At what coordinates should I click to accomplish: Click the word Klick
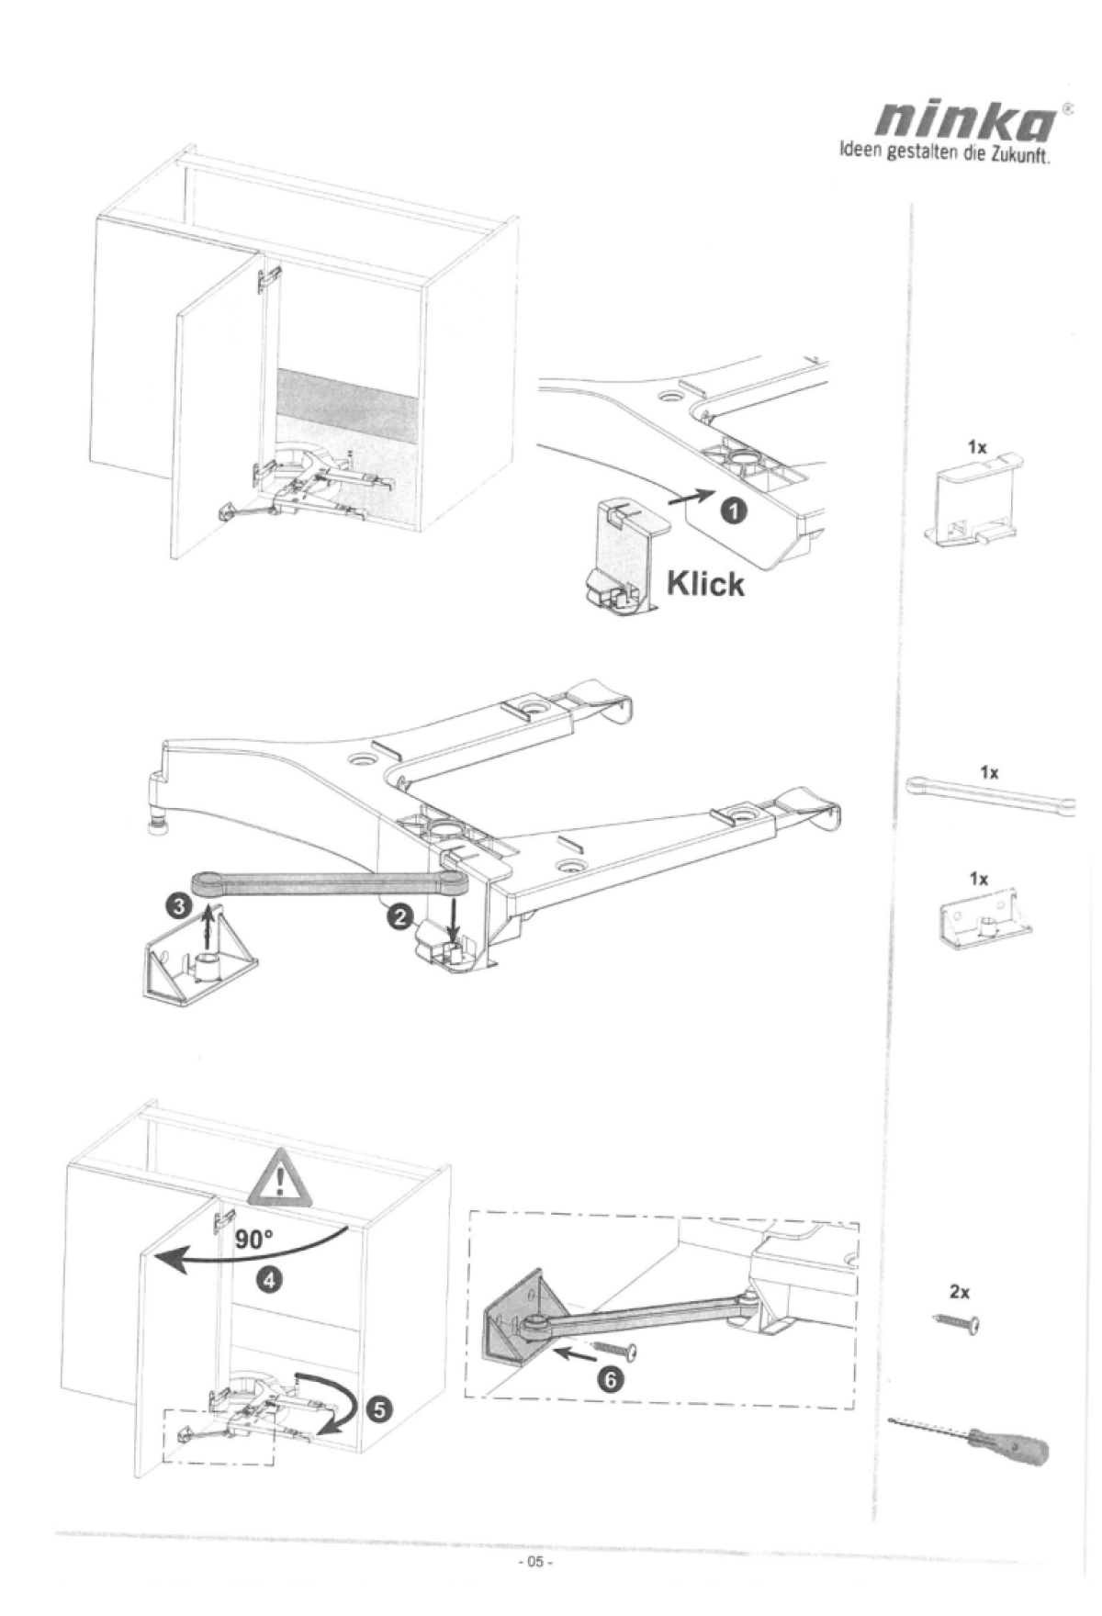click(x=704, y=583)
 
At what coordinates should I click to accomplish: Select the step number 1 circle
click(x=733, y=507)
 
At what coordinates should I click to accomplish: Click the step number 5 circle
click(x=380, y=1408)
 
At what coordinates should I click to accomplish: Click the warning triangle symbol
click(x=279, y=1180)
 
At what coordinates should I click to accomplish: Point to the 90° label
click(x=253, y=1240)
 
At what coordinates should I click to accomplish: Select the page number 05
click(x=534, y=1562)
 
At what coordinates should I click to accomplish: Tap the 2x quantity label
click(x=960, y=1291)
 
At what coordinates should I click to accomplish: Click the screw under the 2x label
click(x=957, y=1322)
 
